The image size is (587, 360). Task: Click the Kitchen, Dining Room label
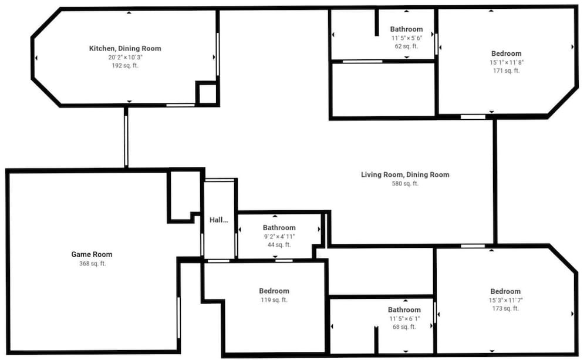pyautogui.click(x=125, y=48)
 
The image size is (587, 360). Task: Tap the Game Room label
pyautogui.click(x=92, y=254)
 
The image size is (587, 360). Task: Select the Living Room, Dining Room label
pyautogui.click(x=405, y=174)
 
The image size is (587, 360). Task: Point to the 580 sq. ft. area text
pyautogui.click(x=405, y=184)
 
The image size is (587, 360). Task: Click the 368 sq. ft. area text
pyautogui.click(x=93, y=264)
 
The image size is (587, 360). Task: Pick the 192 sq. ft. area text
pyautogui.click(x=125, y=66)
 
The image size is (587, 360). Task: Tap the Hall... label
pyautogui.click(x=218, y=220)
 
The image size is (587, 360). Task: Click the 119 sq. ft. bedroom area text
pyautogui.click(x=274, y=300)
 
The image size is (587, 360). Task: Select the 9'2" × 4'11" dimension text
pyautogui.click(x=279, y=237)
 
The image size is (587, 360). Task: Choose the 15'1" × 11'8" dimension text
pyautogui.click(x=507, y=63)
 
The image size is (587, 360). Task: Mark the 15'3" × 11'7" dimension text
pyautogui.click(x=506, y=300)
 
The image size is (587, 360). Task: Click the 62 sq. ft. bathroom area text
pyautogui.click(x=407, y=46)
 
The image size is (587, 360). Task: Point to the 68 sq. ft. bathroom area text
pyautogui.click(x=404, y=327)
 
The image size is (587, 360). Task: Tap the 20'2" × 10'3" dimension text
pyautogui.click(x=126, y=58)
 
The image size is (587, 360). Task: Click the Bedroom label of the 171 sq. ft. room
pyautogui.click(x=507, y=53)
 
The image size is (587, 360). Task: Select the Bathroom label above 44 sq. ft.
pyautogui.click(x=279, y=228)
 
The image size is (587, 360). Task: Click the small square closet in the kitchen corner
pyautogui.click(x=207, y=93)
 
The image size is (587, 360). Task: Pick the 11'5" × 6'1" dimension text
pyautogui.click(x=404, y=318)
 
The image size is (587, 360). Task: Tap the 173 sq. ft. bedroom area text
pyautogui.click(x=506, y=309)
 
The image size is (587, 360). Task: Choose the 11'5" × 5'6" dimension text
pyautogui.click(x=407, y=38)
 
